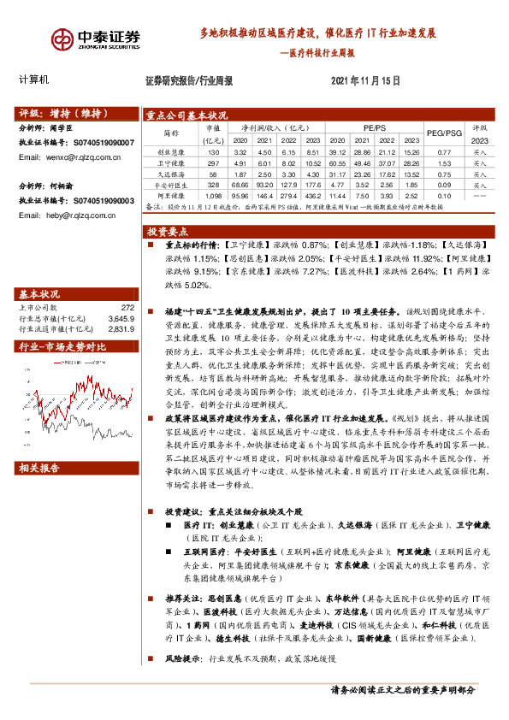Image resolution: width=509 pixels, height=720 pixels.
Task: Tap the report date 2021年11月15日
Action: (x=365, y=80)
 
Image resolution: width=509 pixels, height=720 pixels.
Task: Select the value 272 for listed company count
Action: (x=127, y=306)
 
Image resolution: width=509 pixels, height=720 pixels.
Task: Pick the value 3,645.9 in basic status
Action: (x=121, y=316)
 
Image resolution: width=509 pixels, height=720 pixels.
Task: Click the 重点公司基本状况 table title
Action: (x=187, y=115)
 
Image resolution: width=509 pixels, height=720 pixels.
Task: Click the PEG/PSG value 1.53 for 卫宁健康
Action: (x=443, y=162)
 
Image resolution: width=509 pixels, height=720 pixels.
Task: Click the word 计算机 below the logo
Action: (x=35, y=80)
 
